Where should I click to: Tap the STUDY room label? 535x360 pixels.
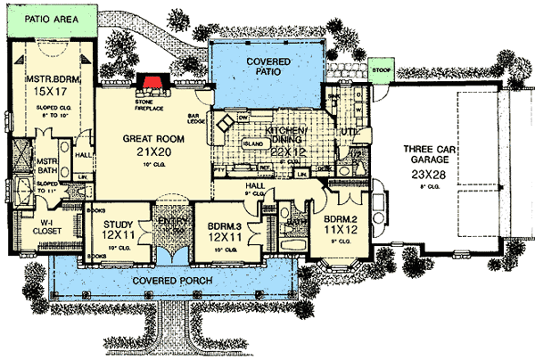coord(118,225)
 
